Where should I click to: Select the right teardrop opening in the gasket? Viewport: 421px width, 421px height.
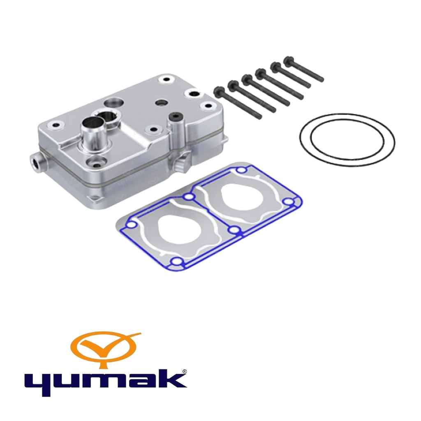pyautogui.click(x=241, y=197)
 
